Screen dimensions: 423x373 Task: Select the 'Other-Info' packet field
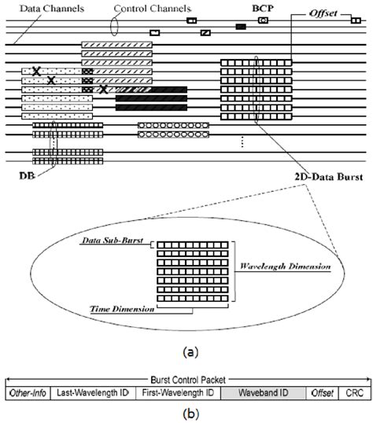click(28, 392)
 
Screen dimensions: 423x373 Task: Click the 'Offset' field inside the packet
click(321, 392)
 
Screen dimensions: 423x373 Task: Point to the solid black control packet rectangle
click(241, 27)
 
